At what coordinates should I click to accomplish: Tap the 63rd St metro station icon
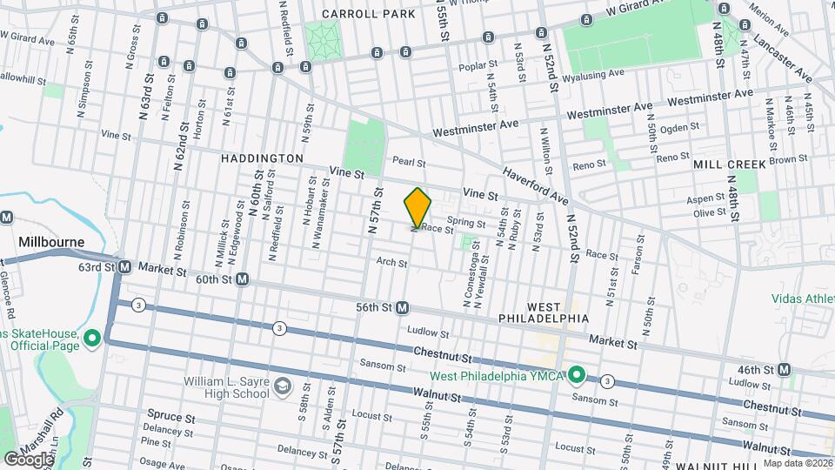click(x=124, y=266)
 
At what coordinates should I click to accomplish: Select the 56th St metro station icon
click(x=403, y=307)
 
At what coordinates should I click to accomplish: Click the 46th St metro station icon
click(x=785, y=369)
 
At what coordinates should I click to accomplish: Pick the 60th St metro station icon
click(x=243, y=279)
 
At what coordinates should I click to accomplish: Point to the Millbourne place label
click(x=52, y=240)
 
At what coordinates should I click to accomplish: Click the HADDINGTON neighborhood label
click(x=262, y=158)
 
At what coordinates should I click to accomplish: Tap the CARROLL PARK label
click(x=357, y=14)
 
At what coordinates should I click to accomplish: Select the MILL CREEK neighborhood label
click(x=730, y=164)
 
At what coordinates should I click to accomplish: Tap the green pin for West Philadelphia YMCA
click(x=576, y=375)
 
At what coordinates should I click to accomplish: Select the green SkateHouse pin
click(x=91, y=338)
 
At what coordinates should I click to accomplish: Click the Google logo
click(x=28, y=459)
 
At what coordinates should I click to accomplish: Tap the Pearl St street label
click(x=408, y=162)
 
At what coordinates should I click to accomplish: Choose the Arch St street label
click(x=391, y=261)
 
